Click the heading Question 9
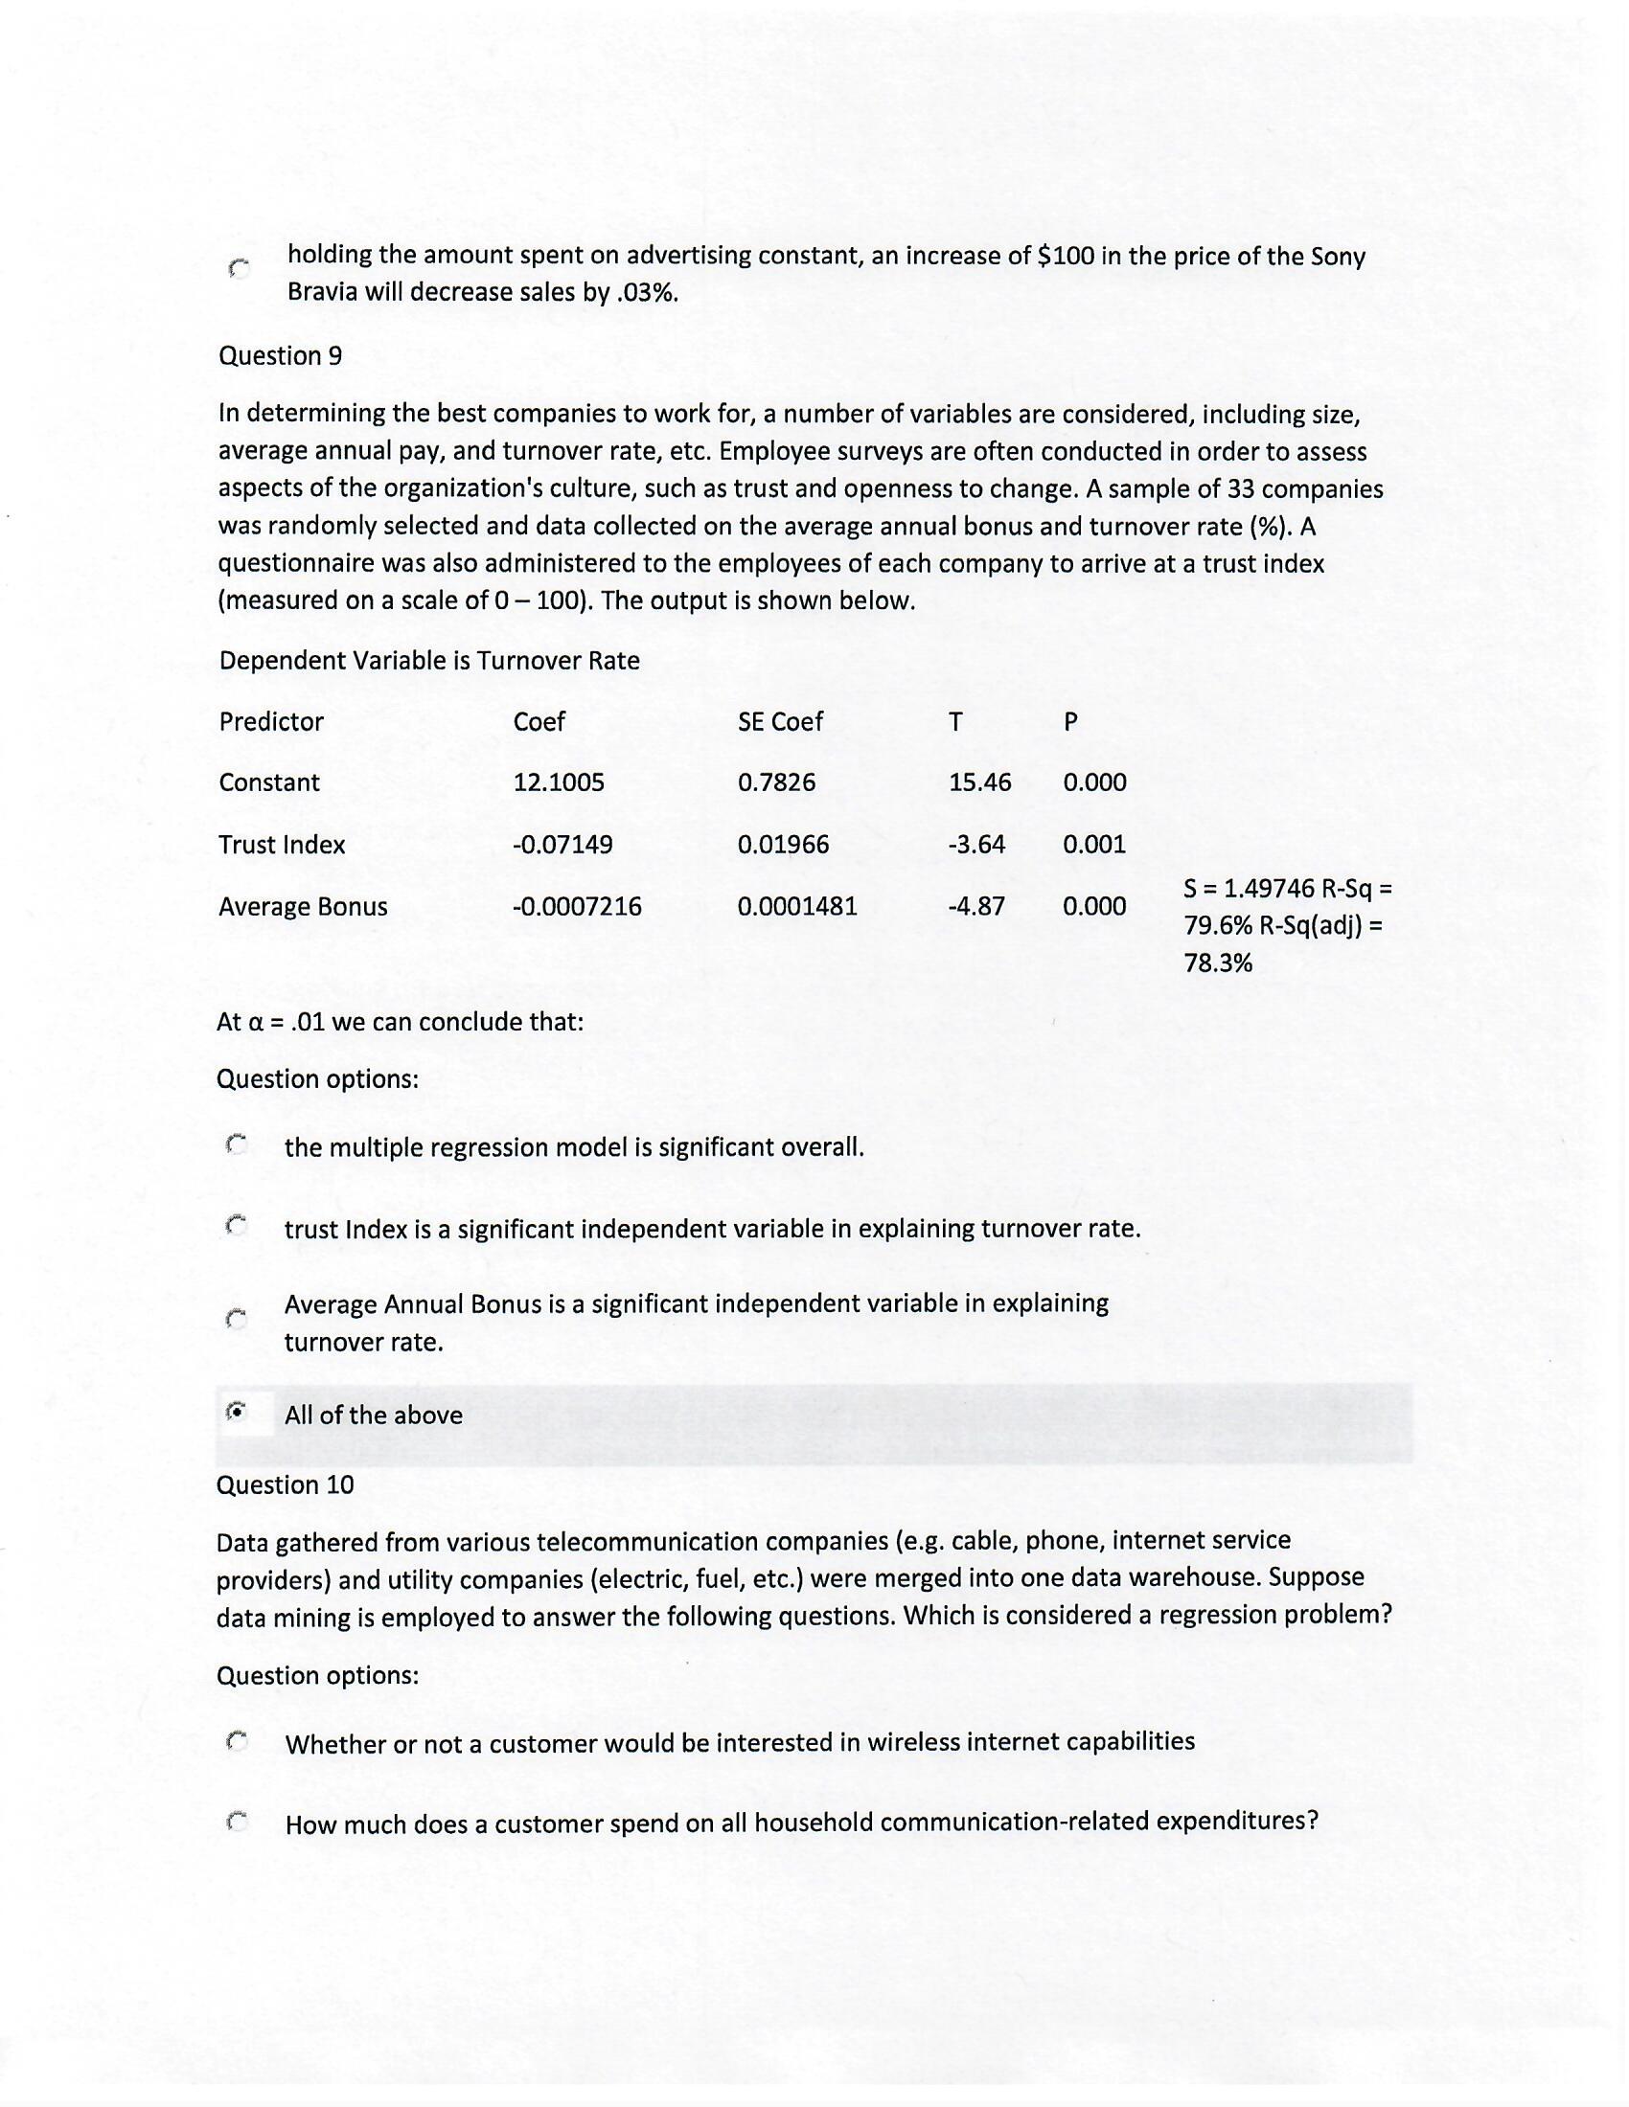tap(280, 356)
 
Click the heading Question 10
tap(285, 1484)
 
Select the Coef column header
tap(539, 721)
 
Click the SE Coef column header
tap(780, 721)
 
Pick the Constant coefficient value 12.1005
tap(559, 782)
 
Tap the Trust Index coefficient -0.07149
tap(562, 845)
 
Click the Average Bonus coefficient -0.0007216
tap(576, 907)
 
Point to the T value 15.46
tap(979, 782)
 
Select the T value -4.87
tap(976, 907)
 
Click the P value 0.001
tap(1094, 845)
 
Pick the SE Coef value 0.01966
tap(783, 845)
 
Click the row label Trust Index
tap(281, 845)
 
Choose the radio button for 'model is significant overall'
tap(237, 1145)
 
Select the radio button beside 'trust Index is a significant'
tap(237, 1226)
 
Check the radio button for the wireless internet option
tap(237, 1741)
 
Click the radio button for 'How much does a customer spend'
tap(237, 1822)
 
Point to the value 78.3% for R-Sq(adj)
tap(1217, 963)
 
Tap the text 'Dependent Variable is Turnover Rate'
tap(428, 661)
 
